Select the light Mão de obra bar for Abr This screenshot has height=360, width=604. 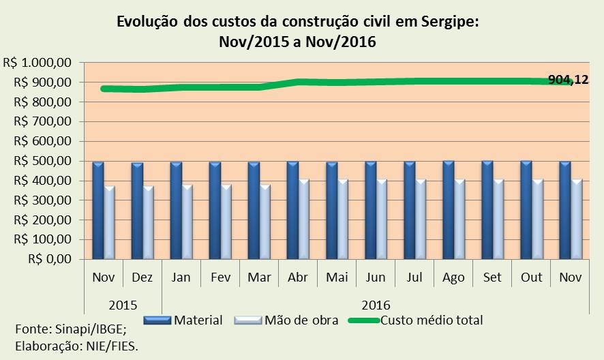point(303,219)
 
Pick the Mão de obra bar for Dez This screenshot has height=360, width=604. point(148,222)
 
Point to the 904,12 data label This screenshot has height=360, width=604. point(569,80)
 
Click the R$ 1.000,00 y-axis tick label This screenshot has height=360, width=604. point(38,63)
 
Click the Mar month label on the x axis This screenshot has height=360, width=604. point(259,277)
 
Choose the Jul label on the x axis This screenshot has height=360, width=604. point(414,277)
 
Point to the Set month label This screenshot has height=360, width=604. point(492,277)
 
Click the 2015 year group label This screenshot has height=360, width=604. point(123,304)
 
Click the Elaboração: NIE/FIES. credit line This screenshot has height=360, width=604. point(76,346)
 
